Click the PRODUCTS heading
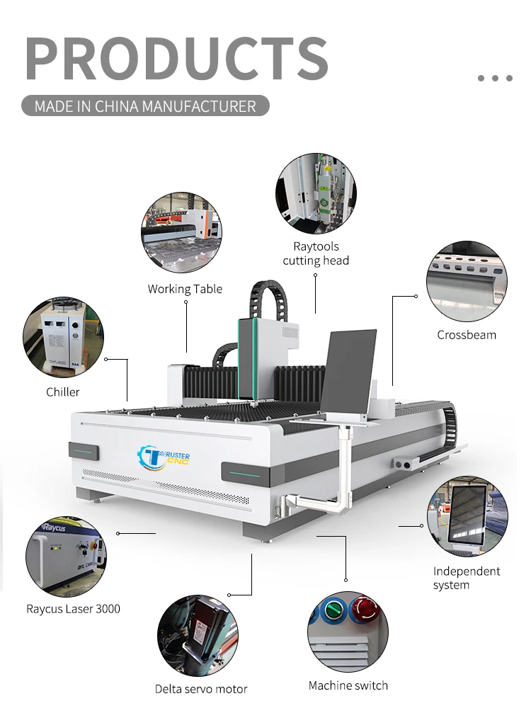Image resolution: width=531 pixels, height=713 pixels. (x=177, y=58)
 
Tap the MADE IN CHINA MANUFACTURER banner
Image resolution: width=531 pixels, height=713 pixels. (x=145, y=107)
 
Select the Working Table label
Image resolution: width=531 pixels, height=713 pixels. (x=185, y=289)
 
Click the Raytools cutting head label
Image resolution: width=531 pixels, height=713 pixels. (x=316, y=253)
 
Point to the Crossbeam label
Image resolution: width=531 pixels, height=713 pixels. (x=467, y=335)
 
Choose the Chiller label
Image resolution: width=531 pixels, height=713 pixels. (x=63, y=392)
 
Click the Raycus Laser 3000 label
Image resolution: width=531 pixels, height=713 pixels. (x=73, y=609)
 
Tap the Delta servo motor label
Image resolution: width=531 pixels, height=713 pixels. (x=201, y=688)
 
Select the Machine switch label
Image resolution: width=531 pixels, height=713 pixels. (x=348, y=685)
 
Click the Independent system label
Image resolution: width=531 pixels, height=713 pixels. (x=467, y=578)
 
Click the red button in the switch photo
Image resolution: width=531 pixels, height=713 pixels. (x=365, y=608)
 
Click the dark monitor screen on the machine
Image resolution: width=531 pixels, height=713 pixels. (x=350, y=372)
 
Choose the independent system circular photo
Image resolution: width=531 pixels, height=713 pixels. (x=467, y=516)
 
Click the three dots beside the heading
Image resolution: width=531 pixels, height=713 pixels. (x=495, y=78)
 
